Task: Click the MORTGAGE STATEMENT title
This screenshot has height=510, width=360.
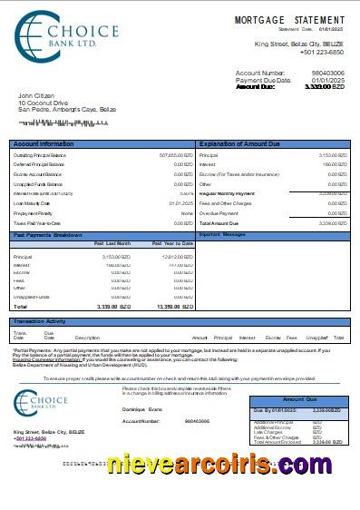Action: (x=289, y=19)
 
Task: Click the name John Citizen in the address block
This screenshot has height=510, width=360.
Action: (x=37, y=95)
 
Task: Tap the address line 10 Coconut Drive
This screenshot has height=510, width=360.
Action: (x=44, y=103)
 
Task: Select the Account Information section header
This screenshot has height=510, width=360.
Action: (x=44, y=144)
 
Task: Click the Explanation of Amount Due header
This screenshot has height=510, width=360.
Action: (x=240, y=144)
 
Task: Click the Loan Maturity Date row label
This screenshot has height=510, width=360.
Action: (x=35, y=203)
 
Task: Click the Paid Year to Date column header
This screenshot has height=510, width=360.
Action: (x=169, y=243)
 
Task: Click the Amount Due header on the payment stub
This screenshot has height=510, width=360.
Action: (x=299, y=399)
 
